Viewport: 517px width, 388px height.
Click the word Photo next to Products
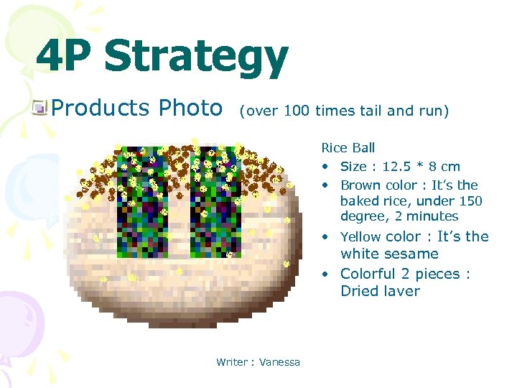click(x=190, y=108)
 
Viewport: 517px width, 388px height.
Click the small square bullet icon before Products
click(x=40, y=108)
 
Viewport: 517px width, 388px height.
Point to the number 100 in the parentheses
click(x=297, y=111)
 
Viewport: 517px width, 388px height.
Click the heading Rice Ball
click(x=348, y=148)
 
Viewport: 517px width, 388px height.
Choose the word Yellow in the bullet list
click(x=360, y=236)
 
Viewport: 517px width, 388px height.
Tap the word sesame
click(x=411, y=254)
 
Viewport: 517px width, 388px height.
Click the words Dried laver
click(x=380, y=291)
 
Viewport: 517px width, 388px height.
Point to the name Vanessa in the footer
click(x=279, y=362)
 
